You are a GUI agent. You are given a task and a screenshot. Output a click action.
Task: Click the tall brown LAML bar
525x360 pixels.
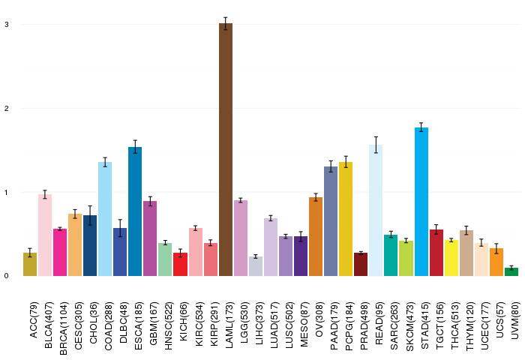tap(226, 150)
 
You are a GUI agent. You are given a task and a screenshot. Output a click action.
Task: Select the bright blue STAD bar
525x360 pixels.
tap(421, 202)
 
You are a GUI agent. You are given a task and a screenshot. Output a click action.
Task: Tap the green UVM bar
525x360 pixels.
tap(511, 272)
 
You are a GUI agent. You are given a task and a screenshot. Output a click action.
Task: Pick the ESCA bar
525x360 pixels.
tap(135, 211)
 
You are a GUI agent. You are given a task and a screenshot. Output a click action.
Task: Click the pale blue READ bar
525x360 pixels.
tap(376, 210)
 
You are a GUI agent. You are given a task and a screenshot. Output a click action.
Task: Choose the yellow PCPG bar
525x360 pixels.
tap(346, 219)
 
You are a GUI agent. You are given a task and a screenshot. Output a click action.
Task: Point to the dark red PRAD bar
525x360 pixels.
tap(361, 265)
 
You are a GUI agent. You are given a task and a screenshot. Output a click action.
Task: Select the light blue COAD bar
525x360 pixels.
tap(105, 219)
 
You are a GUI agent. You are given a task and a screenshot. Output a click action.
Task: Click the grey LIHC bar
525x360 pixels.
tap(256, 266)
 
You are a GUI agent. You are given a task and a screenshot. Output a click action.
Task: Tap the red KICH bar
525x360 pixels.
tap(180, 265)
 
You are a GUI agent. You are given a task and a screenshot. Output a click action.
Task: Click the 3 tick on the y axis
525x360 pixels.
tap(7, 25)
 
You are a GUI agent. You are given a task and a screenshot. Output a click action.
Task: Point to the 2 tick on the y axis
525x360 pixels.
tap(7, 109)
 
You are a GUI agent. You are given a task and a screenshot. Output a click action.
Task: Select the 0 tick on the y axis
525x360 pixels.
tap(7, 276)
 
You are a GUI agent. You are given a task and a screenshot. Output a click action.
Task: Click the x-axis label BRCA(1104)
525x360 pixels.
tap(63, 328)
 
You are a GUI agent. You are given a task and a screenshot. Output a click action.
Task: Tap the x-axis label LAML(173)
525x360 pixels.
tap(229, 325)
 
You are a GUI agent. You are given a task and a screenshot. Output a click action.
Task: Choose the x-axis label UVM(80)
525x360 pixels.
tap(515, 320)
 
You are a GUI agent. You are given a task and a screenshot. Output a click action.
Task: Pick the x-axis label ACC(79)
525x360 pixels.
tap(34, 319)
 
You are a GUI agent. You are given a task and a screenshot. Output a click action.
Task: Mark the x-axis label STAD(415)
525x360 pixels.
tap(424, 325)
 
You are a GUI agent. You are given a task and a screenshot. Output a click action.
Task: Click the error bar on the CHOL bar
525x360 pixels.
tap(90, 215)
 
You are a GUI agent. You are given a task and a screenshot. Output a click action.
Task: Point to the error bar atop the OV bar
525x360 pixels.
tap(316, 197)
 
